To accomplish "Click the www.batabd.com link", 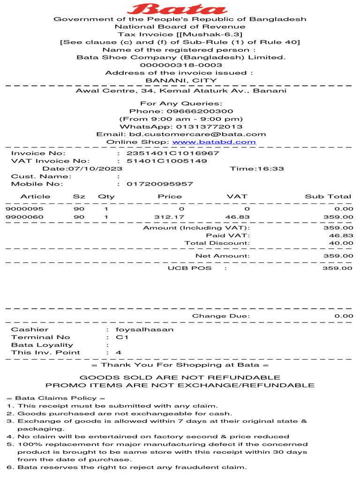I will [214, 142].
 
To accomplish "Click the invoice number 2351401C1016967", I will [173, 153].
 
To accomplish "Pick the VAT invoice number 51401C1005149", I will [167, 161].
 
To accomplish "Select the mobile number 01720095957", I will [160, 184].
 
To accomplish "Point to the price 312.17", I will [169, 217].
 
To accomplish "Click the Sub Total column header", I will [328, 196].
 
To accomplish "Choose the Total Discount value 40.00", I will [341, 243].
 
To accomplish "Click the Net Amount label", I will [222, 255].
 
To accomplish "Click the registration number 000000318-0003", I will [181, 65].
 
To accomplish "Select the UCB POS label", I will [189, 268].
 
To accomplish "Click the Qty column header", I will [106, 196].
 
